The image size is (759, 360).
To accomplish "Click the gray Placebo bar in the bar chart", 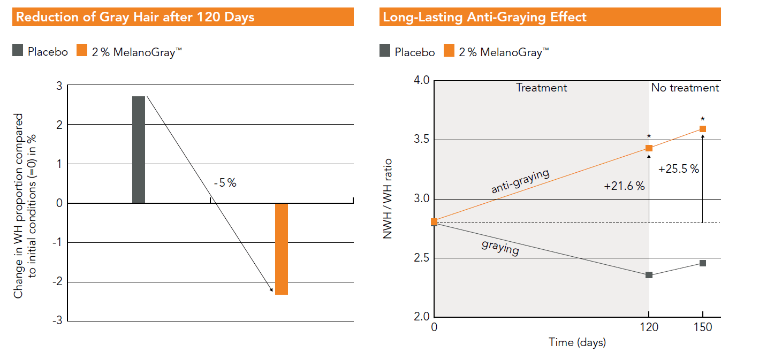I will coord(138,150).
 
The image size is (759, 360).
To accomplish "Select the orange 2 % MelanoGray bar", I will coord(281,249).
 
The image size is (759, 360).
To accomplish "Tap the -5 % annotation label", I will coord(225,183).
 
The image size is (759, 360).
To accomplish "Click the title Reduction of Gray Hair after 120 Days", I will coord(135,17).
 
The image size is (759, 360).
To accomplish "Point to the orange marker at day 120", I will coord(649,148).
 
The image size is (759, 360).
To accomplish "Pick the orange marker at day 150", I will coord(703,129).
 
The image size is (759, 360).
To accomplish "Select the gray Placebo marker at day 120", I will coord(649,275).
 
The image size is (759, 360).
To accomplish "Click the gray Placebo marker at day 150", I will coord(703,263).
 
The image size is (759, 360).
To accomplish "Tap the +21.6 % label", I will coord(624,186).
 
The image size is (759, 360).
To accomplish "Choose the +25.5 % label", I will coord(679,169).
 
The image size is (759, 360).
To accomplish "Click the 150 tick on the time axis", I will coord(703,327).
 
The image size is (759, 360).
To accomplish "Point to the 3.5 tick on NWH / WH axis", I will coord(422,140).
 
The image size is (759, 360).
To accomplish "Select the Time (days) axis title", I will coord(577,342).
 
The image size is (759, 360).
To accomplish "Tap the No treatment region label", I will coord(685,88).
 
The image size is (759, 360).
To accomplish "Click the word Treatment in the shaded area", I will coord(541,88).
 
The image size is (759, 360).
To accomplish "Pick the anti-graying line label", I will coord(520,181).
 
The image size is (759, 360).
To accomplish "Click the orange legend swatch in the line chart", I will coord(449,51).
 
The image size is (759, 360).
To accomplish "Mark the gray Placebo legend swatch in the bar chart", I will coord(18,51).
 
